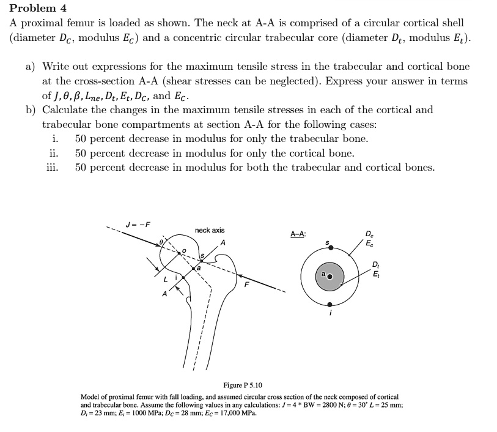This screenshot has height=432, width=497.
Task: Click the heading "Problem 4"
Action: [37, 8]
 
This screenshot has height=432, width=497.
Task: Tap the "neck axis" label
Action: [210, 230]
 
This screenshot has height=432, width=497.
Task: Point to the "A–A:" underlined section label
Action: [298, 234]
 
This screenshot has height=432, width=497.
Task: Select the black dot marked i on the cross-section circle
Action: [330, 304]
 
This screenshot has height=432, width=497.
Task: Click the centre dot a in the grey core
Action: [330, 277]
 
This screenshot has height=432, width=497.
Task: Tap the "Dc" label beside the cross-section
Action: [369, 234]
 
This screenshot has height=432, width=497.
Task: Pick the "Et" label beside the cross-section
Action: [375, 273]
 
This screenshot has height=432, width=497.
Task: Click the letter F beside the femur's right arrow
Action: [248, 285]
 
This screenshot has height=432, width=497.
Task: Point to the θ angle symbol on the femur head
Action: [161, 243]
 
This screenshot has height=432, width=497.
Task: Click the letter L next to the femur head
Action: [164, 279]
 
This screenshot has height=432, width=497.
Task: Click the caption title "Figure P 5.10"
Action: [243, 385]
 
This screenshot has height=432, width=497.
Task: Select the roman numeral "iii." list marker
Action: [53, 167]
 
